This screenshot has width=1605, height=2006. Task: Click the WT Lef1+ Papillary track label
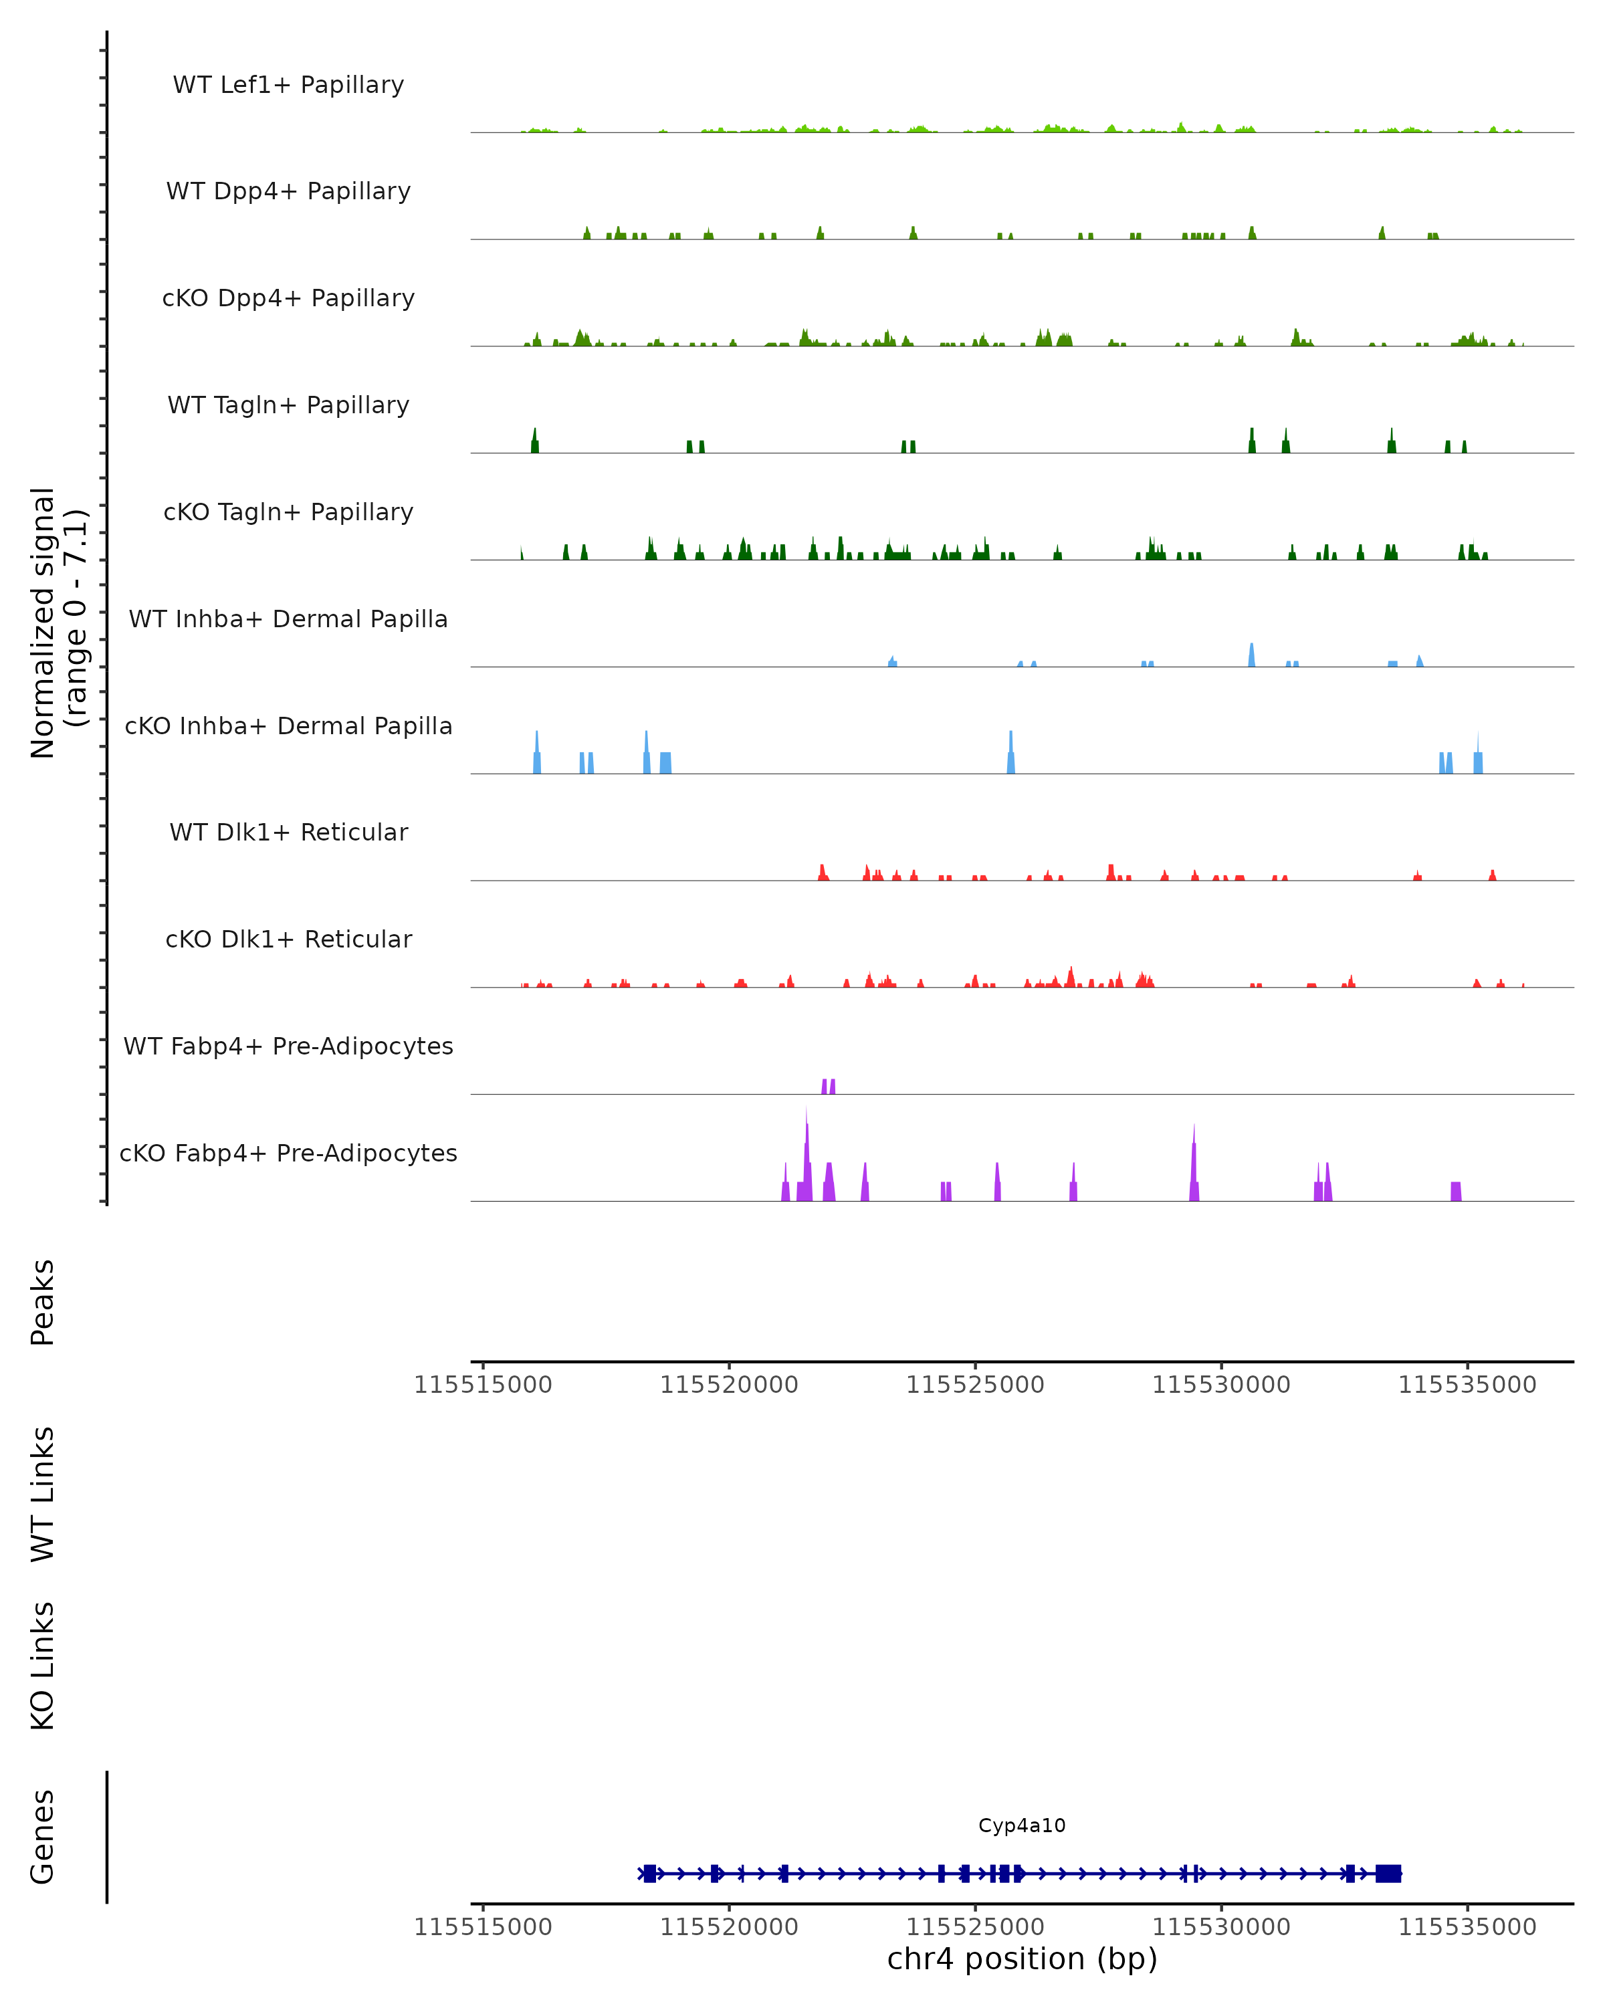[x=288, y=85]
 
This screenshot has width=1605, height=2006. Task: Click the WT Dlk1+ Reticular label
[x=288, y=832]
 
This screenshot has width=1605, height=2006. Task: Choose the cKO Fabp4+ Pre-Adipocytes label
[x=288, y=1153]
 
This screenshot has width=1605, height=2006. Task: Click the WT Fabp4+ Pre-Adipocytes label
[x=288, y=1046]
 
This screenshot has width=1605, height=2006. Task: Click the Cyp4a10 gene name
[x=1022, y=1825]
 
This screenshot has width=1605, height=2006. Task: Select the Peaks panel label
[x=43, y=1302]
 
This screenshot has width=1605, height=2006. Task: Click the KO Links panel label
[x=43, y=1666]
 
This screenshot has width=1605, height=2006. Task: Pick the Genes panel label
[x=43, y=1837]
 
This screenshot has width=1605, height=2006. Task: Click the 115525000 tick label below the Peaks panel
[x=975, y=1385]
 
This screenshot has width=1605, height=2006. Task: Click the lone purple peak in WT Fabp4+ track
[x=828, y=1086]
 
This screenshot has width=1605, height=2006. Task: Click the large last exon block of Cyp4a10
[x=1388, y=1873]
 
